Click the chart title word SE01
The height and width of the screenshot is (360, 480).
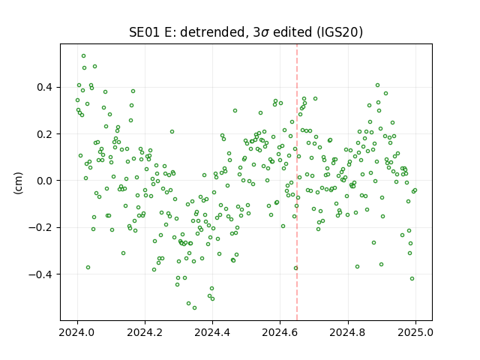(145, 32)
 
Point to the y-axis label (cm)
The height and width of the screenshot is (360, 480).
(18, 183)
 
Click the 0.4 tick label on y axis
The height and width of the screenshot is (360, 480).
(45, 88)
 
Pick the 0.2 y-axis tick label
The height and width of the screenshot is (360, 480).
(45, 134)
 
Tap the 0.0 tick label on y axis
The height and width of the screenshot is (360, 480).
(45, 181)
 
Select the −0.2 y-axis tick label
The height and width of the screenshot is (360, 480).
(41, 228)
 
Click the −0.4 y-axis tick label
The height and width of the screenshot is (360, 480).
(41, 274)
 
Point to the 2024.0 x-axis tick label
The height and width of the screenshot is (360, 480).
(77, 333)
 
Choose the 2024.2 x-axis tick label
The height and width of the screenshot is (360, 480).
(145, 333)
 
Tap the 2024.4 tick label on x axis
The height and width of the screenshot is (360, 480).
(212, 333)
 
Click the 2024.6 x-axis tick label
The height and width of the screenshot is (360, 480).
(280, 333)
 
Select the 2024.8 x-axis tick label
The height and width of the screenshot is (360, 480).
(348, 333)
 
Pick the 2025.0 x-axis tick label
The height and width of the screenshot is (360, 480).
(415, 333)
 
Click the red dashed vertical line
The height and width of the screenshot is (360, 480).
(297, 182)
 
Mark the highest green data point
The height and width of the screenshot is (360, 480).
(83, 56)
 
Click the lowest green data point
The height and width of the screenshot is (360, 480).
(194, 308)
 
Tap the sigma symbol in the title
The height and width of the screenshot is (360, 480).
(265, 33)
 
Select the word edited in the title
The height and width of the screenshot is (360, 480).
(292, 32)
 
